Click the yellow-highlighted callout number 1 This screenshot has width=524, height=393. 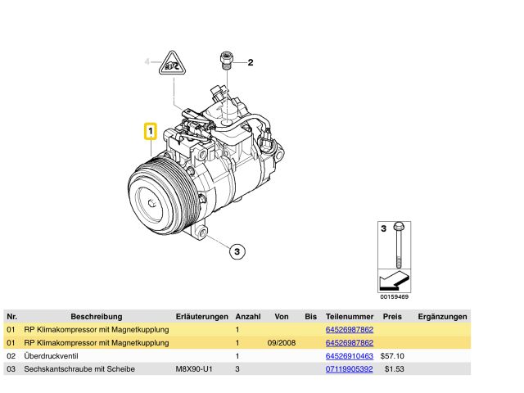click(x=151, y=131)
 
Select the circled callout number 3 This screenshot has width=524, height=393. click(x=236, y=251)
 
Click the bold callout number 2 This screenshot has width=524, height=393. click(x=251, y=62)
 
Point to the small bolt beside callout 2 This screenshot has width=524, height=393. click(x=225, y=61)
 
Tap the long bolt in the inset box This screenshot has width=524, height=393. click(x=397, y=246)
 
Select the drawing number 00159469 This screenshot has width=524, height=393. click(x=394, y=296)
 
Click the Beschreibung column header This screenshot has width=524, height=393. click(x=96, y=316)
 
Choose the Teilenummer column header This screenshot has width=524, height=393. click(x=350, y=316)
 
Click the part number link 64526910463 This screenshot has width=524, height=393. click(x=350, y=356)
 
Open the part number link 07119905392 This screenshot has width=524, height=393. click(x=350, y=369)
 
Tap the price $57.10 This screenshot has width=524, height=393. click(x=393, y=356)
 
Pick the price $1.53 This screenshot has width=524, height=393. click(x=395, y=369)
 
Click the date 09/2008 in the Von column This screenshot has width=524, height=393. click(x=282, y=343)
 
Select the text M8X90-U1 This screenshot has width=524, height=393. click(x=195, y=369)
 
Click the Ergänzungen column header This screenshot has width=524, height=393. click(x=442, y=316)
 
